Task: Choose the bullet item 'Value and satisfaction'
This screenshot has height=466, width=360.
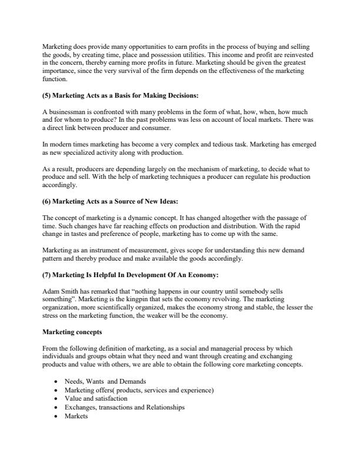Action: coord(95,398)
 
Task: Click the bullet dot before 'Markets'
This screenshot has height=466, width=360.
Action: coord(55,416)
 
